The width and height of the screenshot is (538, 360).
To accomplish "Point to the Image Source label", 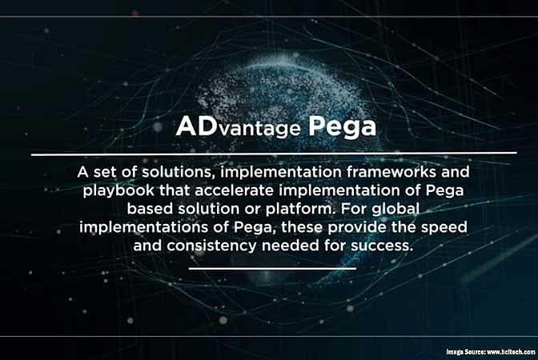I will coord(464,352).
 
